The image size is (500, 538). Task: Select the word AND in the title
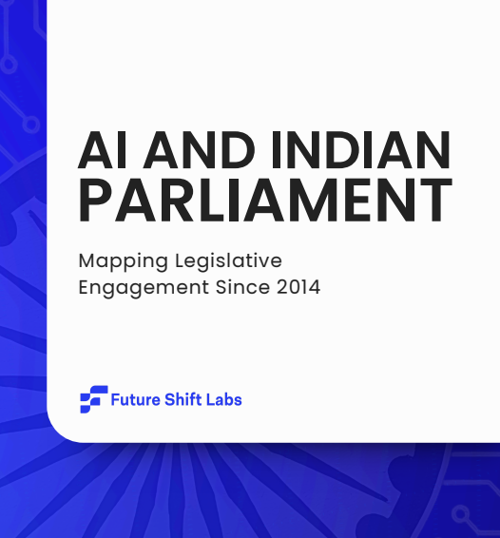199,150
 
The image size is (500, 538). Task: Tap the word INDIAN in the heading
360,150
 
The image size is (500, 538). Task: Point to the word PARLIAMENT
265,200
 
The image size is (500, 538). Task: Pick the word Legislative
228,260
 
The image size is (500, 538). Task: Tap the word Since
242,287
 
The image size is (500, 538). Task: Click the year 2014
298,287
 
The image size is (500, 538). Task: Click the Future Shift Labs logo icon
94,399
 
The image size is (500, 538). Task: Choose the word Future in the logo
136,400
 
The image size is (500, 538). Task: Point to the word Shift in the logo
183,400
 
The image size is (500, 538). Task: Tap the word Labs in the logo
224,400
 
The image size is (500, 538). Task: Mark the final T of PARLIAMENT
435,200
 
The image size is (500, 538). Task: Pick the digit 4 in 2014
314,287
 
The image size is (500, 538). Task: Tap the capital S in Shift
170,400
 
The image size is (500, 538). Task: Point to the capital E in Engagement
84,287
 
